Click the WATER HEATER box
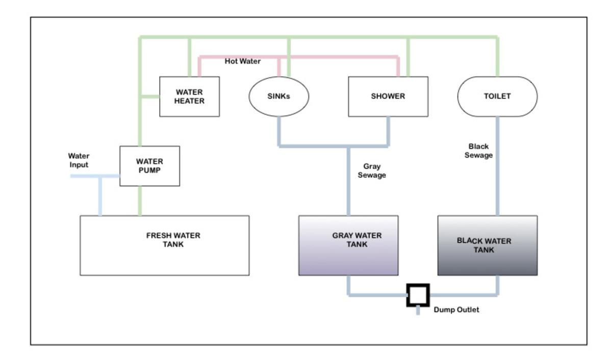(x=189, y=96)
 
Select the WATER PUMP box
(x=149, y=166)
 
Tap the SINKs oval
(x=278, y=96)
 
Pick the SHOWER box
(x=388, y=96)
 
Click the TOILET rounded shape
(x=497, y=96)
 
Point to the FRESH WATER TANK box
(x=164, y=245)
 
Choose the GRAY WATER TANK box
(x=348, y=245)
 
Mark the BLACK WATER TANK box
(x=487, y=245)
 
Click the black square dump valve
(x=418, y=295)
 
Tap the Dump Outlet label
(x=456, y=310)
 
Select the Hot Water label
(x=242, y=61)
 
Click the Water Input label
(x=79, y=160)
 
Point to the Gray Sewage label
(x=372, y=170)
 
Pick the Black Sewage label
(x=478, y=150)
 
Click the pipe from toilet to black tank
(x=497, y=184)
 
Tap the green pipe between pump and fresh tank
(x=139, y=200)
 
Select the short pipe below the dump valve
(x=418, y=311)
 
